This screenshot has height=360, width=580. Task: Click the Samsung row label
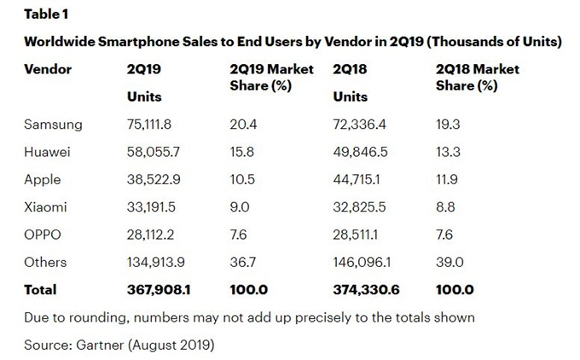coord(54,125)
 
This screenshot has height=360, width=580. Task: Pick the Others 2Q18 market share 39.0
coord(449,262)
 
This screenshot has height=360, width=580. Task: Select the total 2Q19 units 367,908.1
coord(158,290)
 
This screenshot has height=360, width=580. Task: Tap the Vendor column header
coord(49,69)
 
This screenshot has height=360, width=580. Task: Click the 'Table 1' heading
coord(47,15)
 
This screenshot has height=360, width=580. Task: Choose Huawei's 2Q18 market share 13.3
coord(448,152)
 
